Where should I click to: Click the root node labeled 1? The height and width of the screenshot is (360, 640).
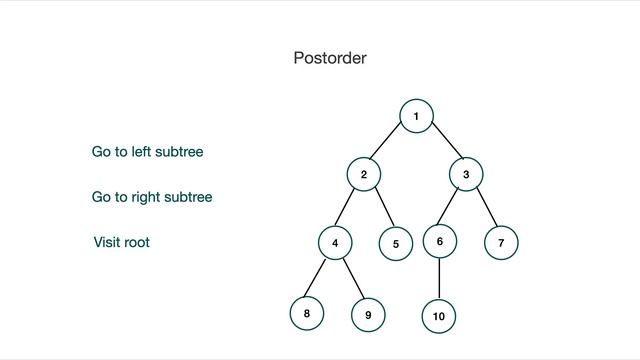[x=415, y=116]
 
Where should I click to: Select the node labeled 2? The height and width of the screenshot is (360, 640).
[x=364, y=175]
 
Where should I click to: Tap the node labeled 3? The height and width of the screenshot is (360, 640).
[x=466, y=175]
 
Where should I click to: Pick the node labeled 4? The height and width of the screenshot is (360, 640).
[x=335, y=242]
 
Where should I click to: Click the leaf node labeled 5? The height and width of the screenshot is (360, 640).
[x=395, y=243]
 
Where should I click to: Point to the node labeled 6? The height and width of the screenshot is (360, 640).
[x=439, y=241]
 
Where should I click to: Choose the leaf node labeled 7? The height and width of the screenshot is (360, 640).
[x=501, y=242]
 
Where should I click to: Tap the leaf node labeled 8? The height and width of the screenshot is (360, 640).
[x=306, y=313]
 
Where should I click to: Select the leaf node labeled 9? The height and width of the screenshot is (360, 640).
[x=368, y=315]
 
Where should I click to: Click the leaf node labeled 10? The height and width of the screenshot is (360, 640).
[x=438, y=316]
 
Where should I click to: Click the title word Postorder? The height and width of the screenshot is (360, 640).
[x=330, y=58]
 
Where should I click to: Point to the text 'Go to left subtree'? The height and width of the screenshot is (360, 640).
[x=148, y=152]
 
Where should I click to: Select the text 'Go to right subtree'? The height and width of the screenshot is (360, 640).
[x=152, y=197]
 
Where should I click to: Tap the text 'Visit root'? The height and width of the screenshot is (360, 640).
[x=122, y=242]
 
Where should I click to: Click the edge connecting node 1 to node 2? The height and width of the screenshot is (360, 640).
[x=390, y=145]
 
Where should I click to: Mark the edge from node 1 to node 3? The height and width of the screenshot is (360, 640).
[x=441, y=146]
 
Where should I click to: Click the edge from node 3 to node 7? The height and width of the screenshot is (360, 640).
[x=484, y=209]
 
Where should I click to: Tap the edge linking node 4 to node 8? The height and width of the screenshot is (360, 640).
[x=320, y=278]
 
